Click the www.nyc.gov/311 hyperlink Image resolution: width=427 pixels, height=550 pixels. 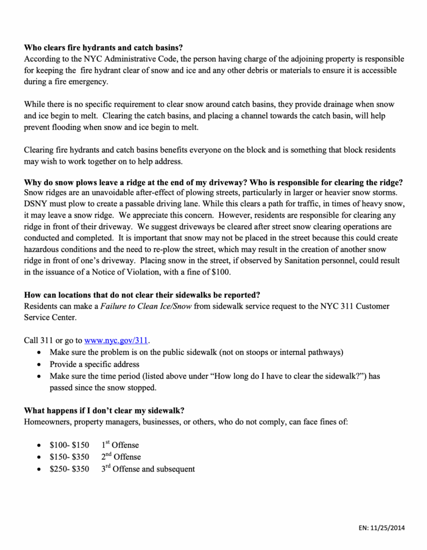pyautogui.click(x=116, y=341)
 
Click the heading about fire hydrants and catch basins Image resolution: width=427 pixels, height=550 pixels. pyautogui.click(x=107, y=48)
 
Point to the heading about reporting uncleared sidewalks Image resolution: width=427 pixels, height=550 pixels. pyautogui.click(x=143, y=295)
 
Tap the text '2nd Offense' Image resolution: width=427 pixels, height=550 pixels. pyautogui.click(x=121, y=457)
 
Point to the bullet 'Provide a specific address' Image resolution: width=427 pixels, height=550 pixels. pyautogui.click(x=94, y=364)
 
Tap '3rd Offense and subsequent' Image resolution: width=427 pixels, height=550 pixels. pyautogui.click(x=148, y=468)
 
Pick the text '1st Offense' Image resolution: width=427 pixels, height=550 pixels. pyautogui.click(x=120, y=445)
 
